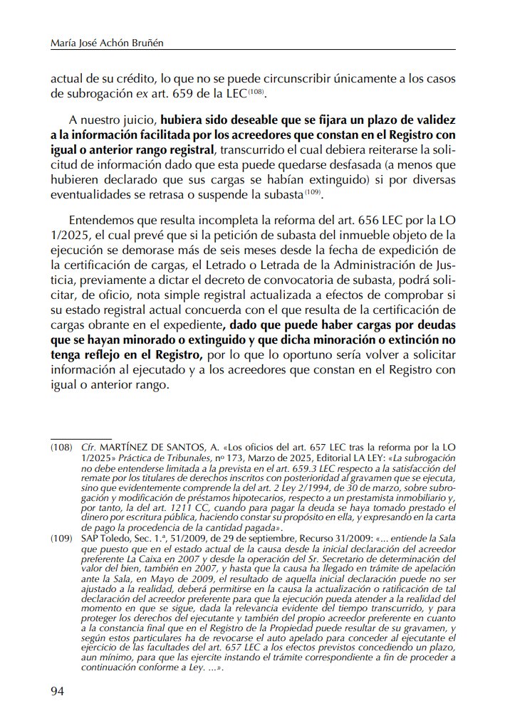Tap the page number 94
tap(57, 691)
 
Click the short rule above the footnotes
tap(80, 438)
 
